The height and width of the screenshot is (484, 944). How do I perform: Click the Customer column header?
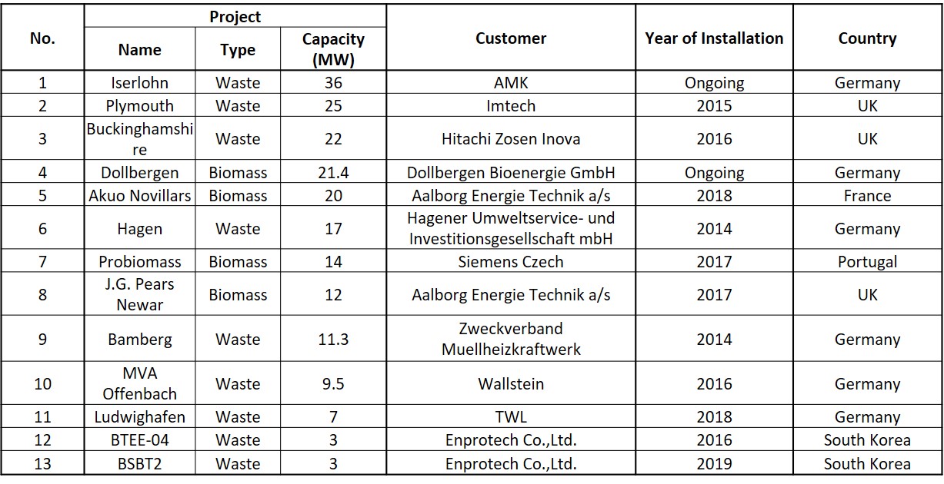pos(511,38)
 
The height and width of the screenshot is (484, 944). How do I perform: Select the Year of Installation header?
pos(714,38)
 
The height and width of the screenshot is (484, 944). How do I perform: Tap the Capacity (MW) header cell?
pos(333,50)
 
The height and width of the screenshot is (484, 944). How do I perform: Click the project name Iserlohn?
pos(139,83)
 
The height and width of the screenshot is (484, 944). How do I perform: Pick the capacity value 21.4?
pos(333,173)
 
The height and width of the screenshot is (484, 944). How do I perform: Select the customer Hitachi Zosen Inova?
pos(511,139)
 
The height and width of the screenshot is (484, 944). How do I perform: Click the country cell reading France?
pos(867,196)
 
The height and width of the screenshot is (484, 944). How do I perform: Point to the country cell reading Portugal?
pos(867,262)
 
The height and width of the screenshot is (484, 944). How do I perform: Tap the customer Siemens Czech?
pos(511,262)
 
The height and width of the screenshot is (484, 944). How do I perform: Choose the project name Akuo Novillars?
pos(139,196)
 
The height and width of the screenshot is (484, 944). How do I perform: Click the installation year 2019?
pos(714,464)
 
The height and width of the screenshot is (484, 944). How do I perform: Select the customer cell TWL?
pos(511,417)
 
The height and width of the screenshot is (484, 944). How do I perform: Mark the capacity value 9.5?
pos(333,384)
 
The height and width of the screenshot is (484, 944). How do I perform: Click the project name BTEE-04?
pos(139,440)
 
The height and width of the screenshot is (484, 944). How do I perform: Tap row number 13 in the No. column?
pos(42,464)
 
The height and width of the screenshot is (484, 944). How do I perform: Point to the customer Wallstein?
pos(511,384)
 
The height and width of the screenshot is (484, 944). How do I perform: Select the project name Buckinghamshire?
pos(139,139)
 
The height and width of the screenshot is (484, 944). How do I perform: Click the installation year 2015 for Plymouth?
pos(714,106)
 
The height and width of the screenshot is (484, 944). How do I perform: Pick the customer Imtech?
pos(511,106)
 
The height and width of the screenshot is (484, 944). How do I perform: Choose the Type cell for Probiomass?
pos(238,262)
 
